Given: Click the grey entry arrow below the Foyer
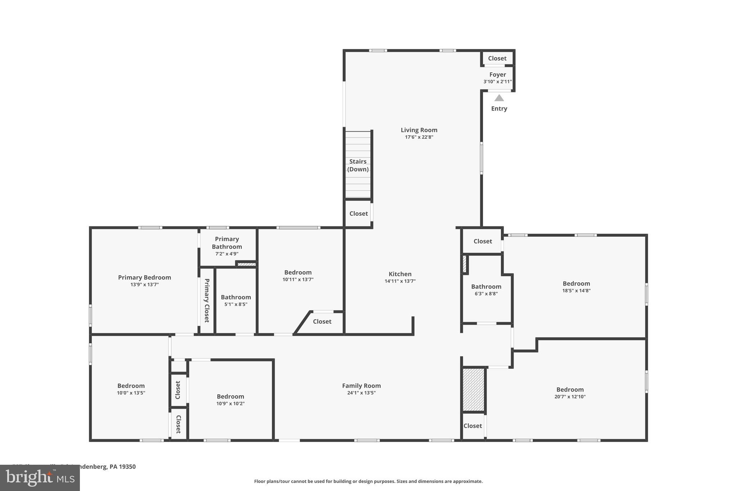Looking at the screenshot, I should coord(499,98).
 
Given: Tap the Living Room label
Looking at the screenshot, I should coord(419,130).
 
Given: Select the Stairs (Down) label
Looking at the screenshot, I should coord(358,165).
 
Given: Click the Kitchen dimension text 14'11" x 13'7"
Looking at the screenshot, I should coord(400,281).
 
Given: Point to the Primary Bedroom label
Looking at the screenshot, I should coord(144,277).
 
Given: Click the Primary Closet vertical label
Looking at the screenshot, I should coord(207,300).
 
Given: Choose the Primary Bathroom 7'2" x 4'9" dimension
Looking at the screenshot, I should coord(227,254).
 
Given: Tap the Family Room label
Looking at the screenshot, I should coord(361,386).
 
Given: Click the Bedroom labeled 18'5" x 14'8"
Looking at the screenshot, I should coord(576,283).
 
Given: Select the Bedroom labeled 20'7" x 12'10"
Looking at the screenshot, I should coord(570,390).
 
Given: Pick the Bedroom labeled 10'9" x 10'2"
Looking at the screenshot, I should coord(230,396).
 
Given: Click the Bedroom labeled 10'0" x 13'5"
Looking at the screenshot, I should coord(131,386).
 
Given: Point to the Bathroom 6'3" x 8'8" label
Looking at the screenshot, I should coord(486,286).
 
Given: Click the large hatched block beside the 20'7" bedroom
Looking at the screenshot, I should coord(473,390).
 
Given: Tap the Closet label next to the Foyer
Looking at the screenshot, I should coord(497,58).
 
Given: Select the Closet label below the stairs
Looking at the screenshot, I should coord(358,214).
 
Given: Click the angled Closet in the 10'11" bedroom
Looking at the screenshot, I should coord(322,322).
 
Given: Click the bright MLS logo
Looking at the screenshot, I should coord(40,478).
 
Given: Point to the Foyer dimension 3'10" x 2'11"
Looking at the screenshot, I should coord(497,82).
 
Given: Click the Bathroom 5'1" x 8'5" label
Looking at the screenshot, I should coord(236,297).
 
